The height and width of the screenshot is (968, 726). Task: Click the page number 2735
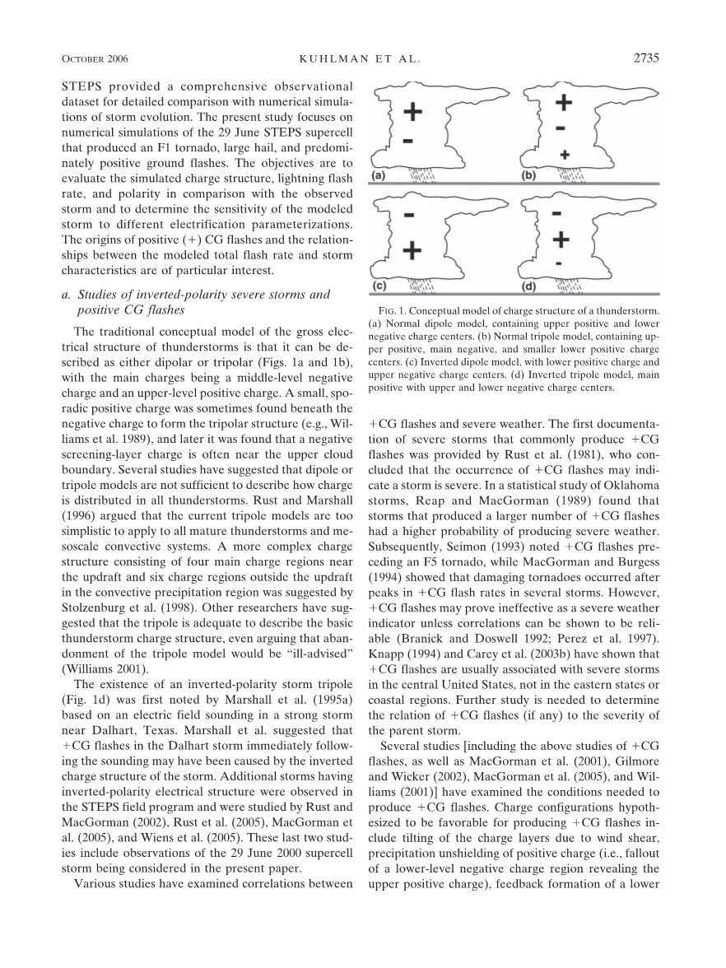point(649,58)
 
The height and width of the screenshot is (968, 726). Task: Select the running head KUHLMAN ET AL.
point(363,59)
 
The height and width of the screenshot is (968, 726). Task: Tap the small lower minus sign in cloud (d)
point(559,263)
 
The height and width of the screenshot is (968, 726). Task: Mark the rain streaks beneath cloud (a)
point(424,174)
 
